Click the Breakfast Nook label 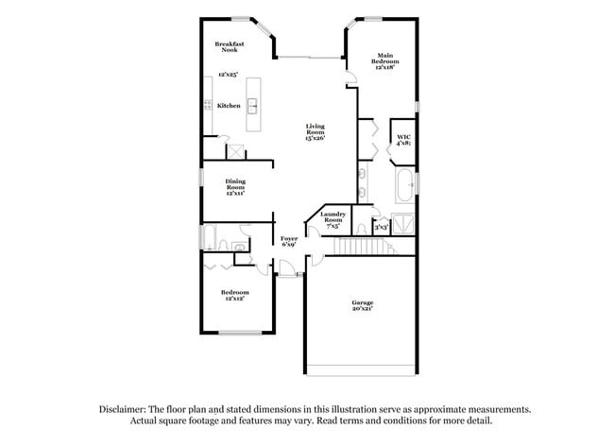coord(229,46)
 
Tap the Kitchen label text coord(229,106)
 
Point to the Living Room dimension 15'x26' coord(315,138)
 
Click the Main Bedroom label coord(384,61)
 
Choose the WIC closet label coord(403,139)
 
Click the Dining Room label coord(234,186)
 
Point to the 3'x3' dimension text coord(381,227)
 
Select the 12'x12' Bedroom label coord(234,296)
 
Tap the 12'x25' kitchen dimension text coord(227,74)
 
